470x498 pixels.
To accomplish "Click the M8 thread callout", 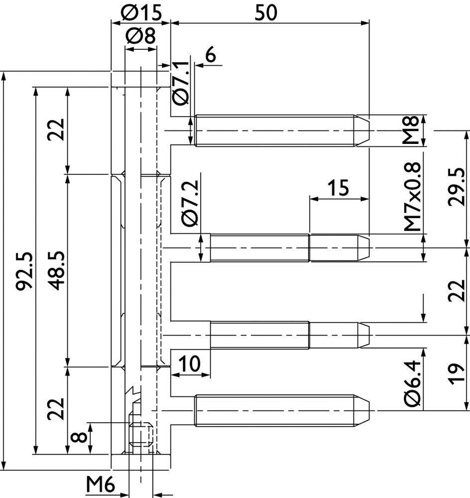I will pos(412,130).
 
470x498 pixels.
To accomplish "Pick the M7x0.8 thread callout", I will pos(413,197).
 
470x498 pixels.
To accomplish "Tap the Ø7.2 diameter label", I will pos(191,203).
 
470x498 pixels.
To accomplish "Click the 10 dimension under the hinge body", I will pos(190,364).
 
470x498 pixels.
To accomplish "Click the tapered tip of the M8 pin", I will pos(362,130).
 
